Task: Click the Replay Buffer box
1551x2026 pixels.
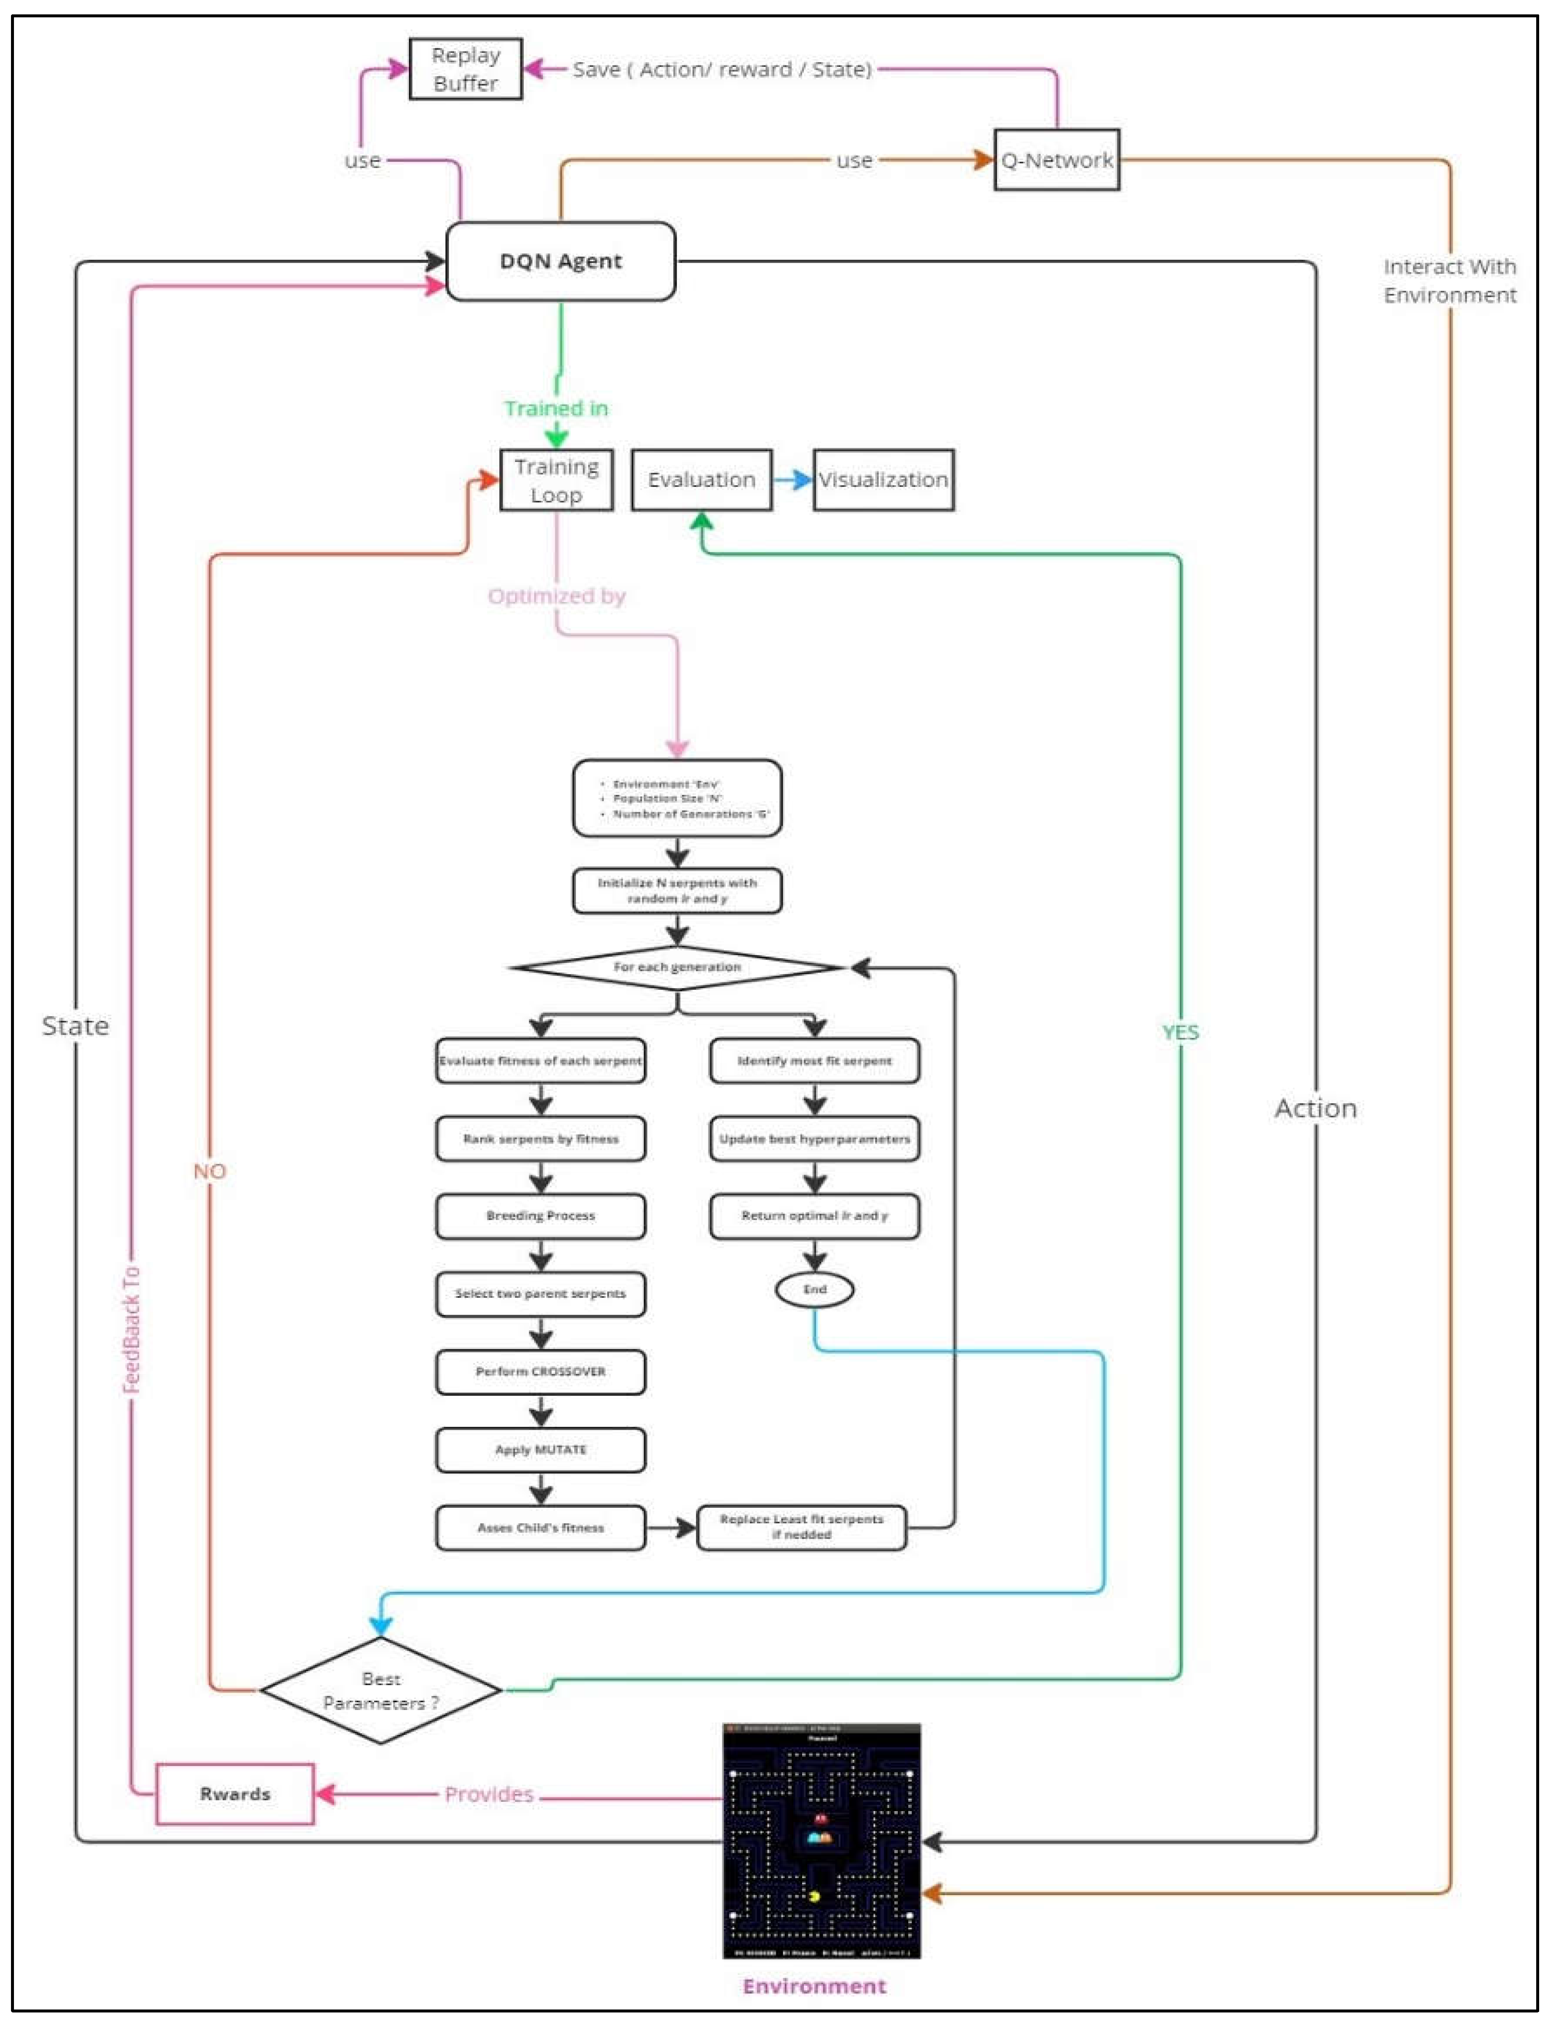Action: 465,69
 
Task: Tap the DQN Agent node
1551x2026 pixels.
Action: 560,261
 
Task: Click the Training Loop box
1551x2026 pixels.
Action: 556,480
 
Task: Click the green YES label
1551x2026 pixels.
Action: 1180,1032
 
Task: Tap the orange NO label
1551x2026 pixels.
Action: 210,1171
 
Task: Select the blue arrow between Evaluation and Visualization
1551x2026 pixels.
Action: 792,480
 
